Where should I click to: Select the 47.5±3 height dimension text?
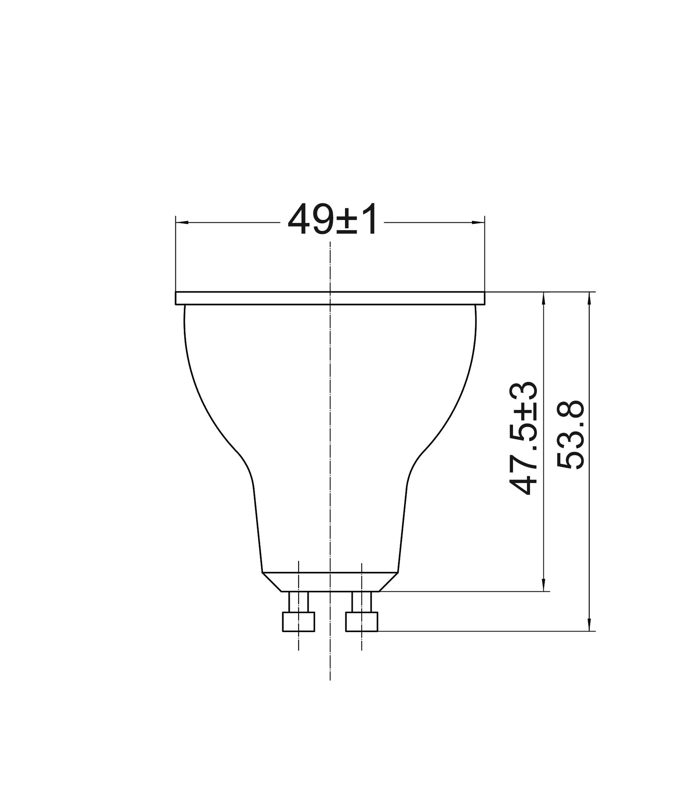[523, 438]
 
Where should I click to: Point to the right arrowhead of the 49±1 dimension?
[479, 222]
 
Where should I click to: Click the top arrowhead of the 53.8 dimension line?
[589, 298]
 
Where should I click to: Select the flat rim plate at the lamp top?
[330, 298]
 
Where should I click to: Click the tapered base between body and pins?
[330, 581]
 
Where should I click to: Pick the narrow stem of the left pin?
[299, 601]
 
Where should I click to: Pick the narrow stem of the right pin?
[362, 601]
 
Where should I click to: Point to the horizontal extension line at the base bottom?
[465, 591]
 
